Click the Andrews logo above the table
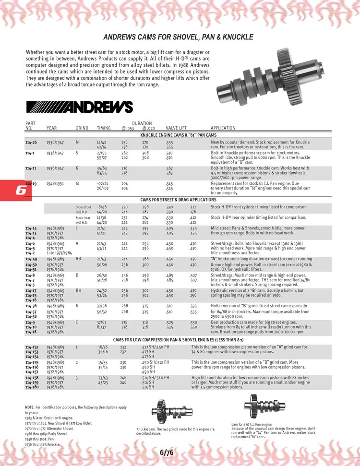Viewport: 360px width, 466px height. tap(79, 107)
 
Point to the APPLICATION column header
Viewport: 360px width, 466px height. tap(223, 128)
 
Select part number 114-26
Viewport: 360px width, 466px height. tap(31, 143)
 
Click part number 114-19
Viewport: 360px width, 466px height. tap(31, 183)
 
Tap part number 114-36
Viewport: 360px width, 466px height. tap(31, 305)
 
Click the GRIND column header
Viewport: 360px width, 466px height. tap(82, 128)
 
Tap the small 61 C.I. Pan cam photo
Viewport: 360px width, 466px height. tap(257, 406)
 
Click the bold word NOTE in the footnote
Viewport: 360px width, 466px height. tap(29, 407)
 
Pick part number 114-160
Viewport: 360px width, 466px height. tap(32, 373)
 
